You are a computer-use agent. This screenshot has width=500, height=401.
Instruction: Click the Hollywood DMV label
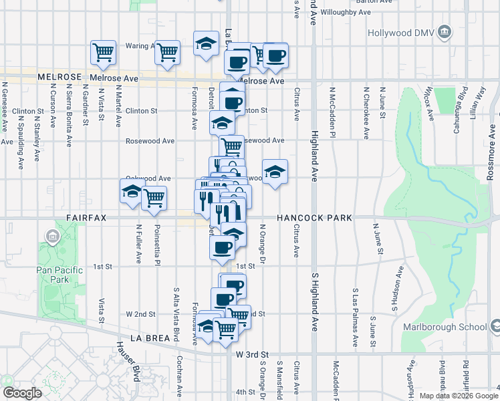[x=400, y=32]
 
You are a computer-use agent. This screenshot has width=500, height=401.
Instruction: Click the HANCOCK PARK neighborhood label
[x=314, y=218]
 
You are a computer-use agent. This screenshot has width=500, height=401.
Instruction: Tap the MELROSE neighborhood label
[x=59, y=78]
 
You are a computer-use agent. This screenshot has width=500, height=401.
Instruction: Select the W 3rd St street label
[x=251, y=354]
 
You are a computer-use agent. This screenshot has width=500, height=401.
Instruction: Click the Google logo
[x=22, y=392]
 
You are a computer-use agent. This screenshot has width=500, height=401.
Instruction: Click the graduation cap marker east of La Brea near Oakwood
[x=275, y=172]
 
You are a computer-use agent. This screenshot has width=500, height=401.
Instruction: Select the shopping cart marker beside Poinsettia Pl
[x=154, y=198]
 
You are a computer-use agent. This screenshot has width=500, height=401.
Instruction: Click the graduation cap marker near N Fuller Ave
[x=132, y=191]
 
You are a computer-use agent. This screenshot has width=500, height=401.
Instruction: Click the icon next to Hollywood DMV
[x=444, y=32]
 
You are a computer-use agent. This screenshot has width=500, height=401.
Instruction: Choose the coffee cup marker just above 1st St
[x=223, y=247]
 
